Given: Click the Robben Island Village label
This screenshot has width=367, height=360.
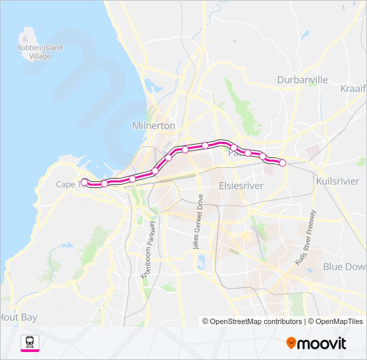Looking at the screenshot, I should pos(39,51).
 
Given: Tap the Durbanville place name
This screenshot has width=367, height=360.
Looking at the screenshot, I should pos(302,79).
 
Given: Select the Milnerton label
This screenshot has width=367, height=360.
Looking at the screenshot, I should pos(153,125).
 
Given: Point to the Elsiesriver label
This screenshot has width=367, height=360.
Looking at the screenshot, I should pos(241,186).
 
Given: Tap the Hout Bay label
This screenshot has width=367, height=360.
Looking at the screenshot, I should pos(19,317).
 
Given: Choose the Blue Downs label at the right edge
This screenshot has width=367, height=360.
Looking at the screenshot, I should pos(344,266).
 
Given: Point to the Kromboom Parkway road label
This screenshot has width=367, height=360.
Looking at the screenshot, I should pos(148,249).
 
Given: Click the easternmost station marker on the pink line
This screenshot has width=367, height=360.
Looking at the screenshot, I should pos(282,163).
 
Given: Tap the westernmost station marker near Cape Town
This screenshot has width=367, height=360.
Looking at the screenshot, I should pos(84,181).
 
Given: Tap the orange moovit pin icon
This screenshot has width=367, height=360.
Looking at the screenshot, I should pos(292,343).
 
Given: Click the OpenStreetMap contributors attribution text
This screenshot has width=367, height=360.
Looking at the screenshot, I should pos(254,321).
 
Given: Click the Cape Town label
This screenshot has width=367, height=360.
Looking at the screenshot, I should pos(69,184).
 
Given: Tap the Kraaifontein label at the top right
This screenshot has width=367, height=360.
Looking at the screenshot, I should pos(353,89).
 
